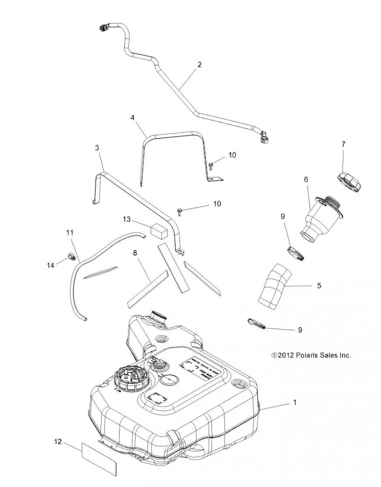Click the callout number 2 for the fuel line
coord(199,64)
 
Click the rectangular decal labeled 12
coord(98,458)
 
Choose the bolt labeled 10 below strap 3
coord(179,210)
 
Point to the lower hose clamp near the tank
coord(256,325)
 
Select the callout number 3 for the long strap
coord(97,148)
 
